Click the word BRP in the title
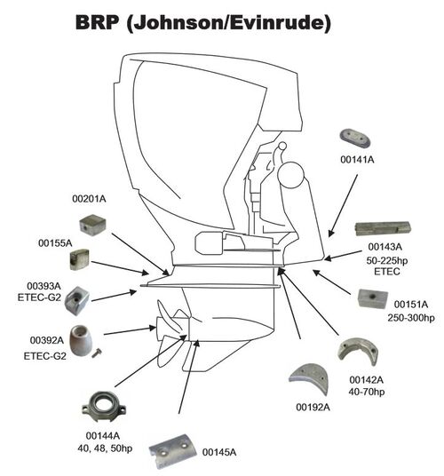[x=97, y=22]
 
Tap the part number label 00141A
[x=357, y=160]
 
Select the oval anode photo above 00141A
[x=355, y=139]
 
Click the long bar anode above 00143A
[x=383, y=228]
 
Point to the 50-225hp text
[x=387, y=261]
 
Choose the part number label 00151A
[x=411, y=305]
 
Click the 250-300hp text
[x=411, y=318]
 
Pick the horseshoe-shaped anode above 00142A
[x=358, y=352]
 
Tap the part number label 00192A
[x=313, y=408]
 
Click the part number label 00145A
[x=219, y=452]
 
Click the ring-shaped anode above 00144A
[x=104, y=407]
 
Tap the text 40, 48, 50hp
[x=105, y=448]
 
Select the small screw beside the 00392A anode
[x=97, y=353]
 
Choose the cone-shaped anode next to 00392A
[x=81, y=340]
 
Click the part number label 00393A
[x=44, y=286]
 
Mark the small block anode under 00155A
[x=79, y=259]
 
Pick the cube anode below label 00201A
[x=92, y=225]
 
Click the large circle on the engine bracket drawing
[x=289, y=175]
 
